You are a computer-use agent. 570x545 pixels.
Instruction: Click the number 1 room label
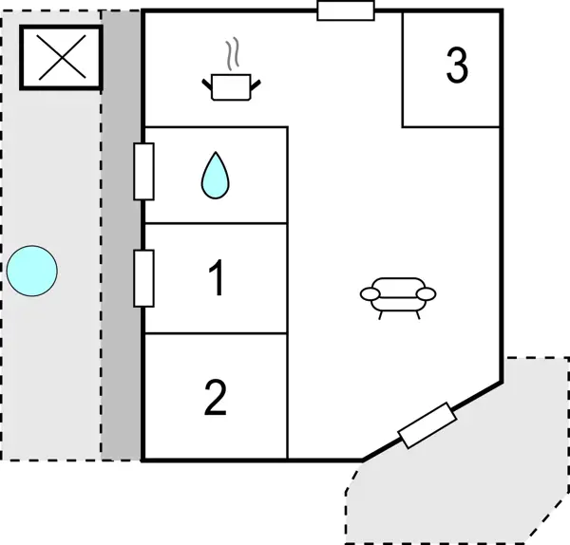(216, 279)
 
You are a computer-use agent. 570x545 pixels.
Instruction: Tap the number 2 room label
(216, 399)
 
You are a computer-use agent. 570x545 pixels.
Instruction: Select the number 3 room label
(457, 66)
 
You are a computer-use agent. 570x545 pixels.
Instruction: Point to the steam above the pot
(231, 55)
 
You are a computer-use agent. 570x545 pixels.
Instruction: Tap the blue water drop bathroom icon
(217, 176)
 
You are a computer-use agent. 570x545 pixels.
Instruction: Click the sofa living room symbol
(398, 294)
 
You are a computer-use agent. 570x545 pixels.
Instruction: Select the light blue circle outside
(32, 271)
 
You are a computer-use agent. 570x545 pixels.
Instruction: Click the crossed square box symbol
(62, 56)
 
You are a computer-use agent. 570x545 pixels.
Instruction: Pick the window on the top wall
(346, 10)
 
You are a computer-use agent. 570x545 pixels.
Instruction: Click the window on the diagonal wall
(427, 424)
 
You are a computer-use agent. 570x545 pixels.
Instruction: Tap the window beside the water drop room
(143, 171)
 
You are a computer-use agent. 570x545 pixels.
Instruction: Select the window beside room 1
(143, 278)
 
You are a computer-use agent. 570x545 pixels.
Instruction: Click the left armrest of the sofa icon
(369, 294)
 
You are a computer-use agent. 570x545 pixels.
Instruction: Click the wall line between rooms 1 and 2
(216, 333)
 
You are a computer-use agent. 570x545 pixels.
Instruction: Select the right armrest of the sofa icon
(428, 293)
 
